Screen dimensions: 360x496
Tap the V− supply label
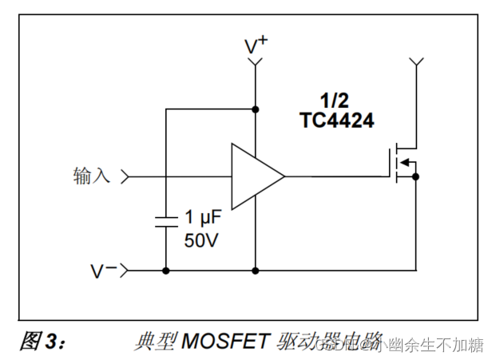pyautogui.click(x=103, y=271)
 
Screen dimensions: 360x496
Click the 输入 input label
pyautogui.click(x=91, y=176)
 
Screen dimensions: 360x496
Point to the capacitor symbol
pyautogui.click(x=165, y=220)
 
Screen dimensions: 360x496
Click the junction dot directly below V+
pyautogui.click(x=256, y=109)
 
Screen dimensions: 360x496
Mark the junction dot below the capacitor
pyautogui.click(x=165, y=271)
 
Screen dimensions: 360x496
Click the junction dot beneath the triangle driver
pyautogui.click(x=256, y=271)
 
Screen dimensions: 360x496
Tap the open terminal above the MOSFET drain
pyautogui.click(x=415, y=61)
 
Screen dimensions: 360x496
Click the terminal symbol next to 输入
pyautogui.click(x=125, y=176)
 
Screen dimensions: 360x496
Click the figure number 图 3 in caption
pyautogui.click(x=40, y=341)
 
